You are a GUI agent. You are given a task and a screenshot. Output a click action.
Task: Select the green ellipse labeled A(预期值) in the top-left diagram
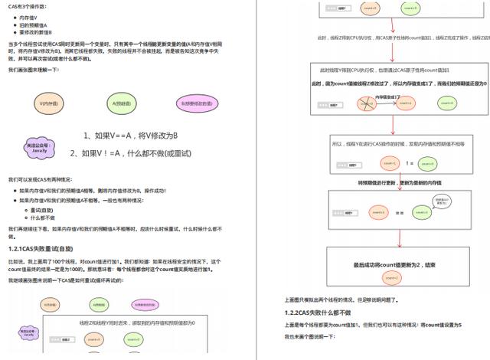click(123, 103)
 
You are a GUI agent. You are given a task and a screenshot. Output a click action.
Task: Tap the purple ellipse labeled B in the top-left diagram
click(198, 103)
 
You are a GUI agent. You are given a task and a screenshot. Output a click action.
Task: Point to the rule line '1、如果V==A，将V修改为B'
click(131, 136)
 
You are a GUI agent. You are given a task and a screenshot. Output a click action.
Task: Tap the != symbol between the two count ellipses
click(410, 163)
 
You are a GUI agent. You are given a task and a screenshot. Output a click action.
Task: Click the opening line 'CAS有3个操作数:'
click(28, 6)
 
